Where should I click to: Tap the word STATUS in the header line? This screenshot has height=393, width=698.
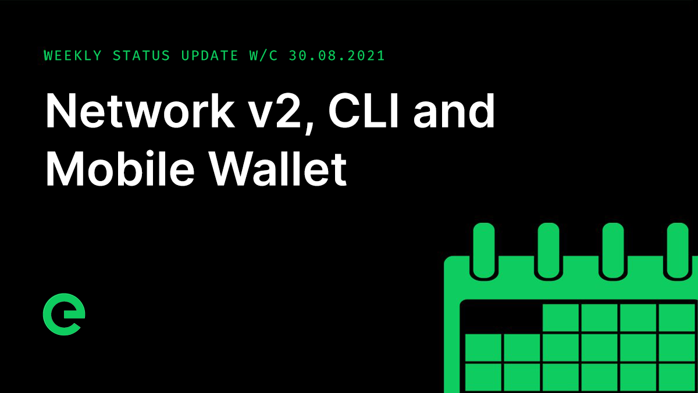[x=141, y=56]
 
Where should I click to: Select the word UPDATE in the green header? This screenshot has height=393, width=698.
[x=209, y=56]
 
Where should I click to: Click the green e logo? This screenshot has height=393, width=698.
[x=64, y=317]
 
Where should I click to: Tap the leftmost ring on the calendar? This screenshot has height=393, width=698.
[x=484, y=250]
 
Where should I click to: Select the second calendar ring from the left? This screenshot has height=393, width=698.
[x=549, y=250]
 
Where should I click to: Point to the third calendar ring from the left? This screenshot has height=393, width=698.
[x=613, y=250]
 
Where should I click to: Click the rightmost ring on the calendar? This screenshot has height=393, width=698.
[x=677, y=250]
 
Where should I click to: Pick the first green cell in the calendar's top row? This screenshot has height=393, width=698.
[x=560, y=318]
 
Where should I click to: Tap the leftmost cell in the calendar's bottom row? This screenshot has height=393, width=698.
[x=483, y=377]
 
